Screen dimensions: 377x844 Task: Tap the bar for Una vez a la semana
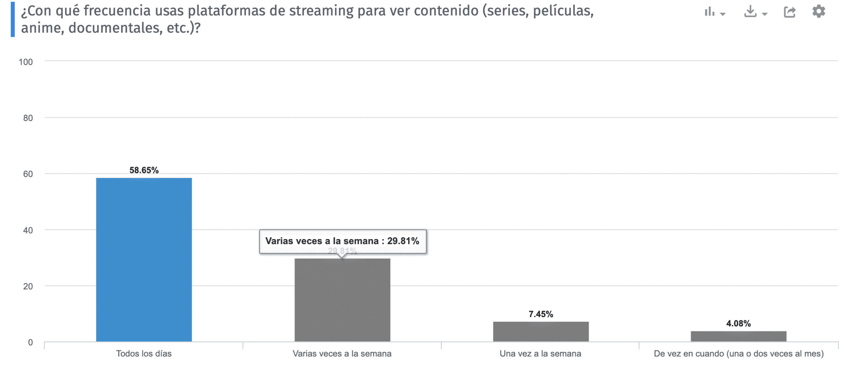[x=540, y=331]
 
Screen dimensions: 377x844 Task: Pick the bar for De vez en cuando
[x=738, y=336]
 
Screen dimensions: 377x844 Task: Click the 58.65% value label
[x=144, y=170]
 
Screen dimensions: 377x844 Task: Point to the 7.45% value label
[x=540, y=314]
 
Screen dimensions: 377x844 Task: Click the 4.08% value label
[x=738, y=323]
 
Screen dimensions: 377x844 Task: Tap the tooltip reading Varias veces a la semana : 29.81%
[x=342, y=241]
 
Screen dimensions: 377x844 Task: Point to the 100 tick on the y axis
[x=26, y=62]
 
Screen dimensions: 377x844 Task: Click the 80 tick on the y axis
[x=28, y=118]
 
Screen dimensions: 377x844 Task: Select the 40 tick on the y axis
[x=28, y=230]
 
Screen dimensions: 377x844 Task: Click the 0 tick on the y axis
[x=30, y=342]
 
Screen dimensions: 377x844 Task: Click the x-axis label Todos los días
[x=144, y=354]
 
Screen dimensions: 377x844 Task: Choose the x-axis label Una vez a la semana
[x=540, y=354]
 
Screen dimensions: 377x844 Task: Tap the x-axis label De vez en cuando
[x=738, y=354]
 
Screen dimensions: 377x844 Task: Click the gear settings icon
[x=818, y=12]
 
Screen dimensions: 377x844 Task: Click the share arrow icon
[x=789, y=12]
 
